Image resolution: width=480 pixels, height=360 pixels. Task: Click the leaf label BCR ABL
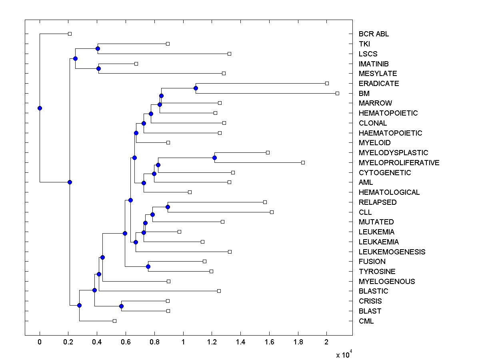[x=374, y=34]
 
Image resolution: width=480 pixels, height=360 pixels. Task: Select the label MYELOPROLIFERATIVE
[x=399, y=163]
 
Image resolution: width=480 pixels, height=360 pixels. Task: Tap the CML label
[x=366, y=321]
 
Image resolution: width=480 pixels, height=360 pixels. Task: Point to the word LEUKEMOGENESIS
[x=392, y=252]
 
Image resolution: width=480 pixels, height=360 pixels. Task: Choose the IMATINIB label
[x=374, y=64]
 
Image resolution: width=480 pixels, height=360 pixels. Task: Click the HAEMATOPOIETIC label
[x=390, y=133]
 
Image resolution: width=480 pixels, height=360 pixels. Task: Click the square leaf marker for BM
[x=337, y=93]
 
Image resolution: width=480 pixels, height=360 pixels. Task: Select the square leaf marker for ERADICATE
[x=327, y=83]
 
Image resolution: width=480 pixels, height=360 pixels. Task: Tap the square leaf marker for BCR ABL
[x=70, y=34]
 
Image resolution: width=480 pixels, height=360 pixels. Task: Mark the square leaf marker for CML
[x=114, y=321]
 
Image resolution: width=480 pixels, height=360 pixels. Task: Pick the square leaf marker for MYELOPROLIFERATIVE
[x=303, y=162]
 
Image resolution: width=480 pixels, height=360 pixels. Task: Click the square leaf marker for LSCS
[x=229, y=54]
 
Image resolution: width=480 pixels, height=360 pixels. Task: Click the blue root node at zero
[x=40, y=108]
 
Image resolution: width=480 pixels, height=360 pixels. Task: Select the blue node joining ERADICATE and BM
[x=196, y=88]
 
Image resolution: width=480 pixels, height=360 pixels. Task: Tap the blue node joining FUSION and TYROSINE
[x=148, y=266]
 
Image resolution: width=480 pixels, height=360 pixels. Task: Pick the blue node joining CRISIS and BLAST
[x=121, y=306]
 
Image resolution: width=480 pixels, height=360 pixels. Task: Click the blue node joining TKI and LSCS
[x=98, y=48]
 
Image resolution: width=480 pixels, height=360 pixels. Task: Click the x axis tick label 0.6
[x=126, y=342]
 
